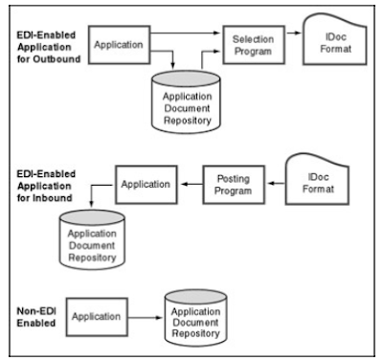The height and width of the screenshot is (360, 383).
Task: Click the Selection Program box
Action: coord(254,45)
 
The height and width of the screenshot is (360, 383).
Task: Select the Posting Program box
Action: coord(234,185)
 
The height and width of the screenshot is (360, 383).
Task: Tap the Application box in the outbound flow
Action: coord(119,45)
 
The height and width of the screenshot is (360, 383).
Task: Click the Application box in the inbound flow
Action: coord(146,185)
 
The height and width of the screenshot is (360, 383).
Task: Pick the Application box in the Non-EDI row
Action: coord(97,317)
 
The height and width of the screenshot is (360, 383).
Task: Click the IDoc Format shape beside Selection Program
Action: coord(335,40)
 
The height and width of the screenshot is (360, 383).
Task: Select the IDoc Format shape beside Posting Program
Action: coord(317,180)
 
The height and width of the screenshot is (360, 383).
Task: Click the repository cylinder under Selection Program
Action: coord(187,102)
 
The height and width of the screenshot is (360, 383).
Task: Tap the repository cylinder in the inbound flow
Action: coord(92,239)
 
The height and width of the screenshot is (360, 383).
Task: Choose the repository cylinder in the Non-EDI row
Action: coord(195,318)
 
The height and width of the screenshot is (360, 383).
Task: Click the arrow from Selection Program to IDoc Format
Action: coord(294,33)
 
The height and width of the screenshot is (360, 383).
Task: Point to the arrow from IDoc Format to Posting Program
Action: coord(276,184)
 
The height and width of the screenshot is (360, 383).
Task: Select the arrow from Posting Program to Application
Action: coord(191,184)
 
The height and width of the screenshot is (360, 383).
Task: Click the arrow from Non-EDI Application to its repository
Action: coord(146,318)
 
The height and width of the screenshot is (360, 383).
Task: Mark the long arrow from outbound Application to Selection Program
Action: coord(186,33)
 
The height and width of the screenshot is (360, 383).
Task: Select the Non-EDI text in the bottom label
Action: coord(36,311)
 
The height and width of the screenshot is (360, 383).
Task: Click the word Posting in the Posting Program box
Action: coord(234,179)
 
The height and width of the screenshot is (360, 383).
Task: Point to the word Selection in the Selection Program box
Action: coord(253,39)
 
